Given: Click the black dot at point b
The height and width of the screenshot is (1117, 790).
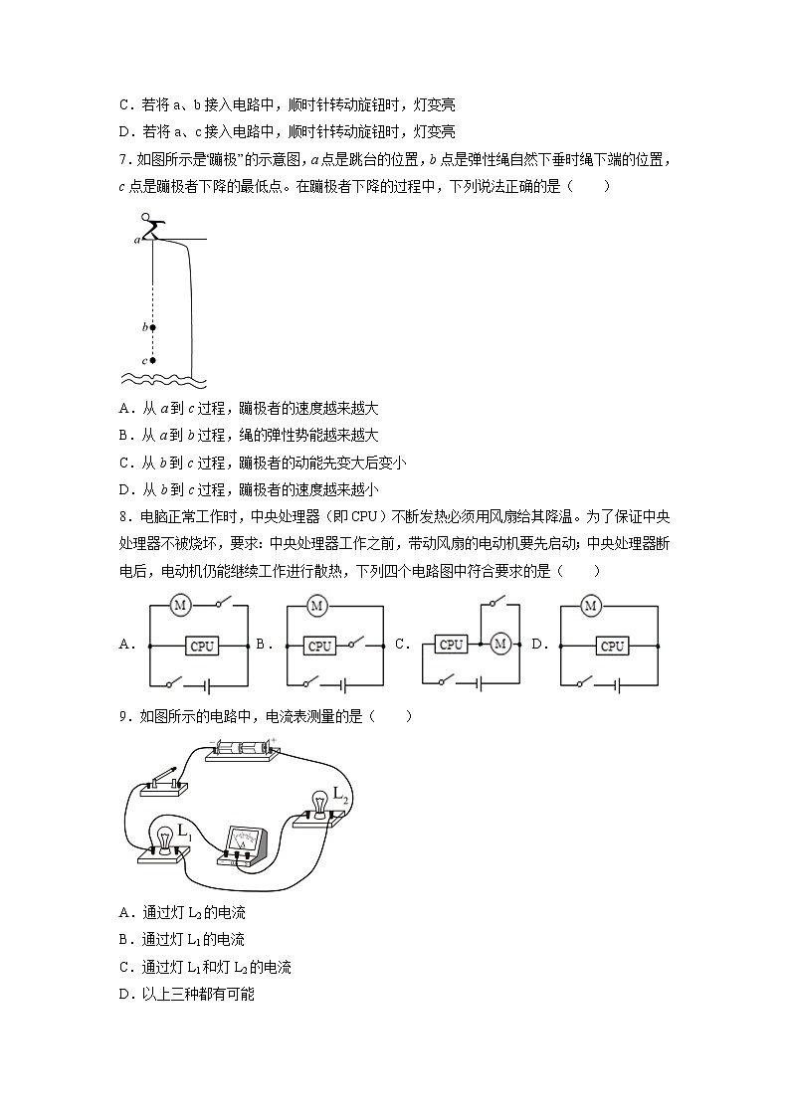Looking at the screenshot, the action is tap(152, 327).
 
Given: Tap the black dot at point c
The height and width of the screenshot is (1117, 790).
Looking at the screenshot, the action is tap(152, 360).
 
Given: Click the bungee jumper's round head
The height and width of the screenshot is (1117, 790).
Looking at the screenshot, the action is tap(146, 218).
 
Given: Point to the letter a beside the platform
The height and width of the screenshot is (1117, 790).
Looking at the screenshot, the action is tap(138, 240).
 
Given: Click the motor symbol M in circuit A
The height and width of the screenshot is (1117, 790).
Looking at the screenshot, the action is tap(180, 605).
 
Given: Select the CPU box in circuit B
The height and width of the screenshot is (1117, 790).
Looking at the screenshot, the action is tap(319, 646).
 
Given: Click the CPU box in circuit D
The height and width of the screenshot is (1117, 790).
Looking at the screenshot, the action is tap(612, 646).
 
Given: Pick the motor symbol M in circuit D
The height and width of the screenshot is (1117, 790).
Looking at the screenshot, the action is tap(591, 605).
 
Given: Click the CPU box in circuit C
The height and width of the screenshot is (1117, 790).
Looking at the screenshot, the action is tap(451, 645).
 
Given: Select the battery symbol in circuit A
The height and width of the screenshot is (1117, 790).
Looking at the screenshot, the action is tap(208, 684).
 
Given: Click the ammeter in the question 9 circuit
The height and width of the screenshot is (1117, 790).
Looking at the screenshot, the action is tap(242, 845).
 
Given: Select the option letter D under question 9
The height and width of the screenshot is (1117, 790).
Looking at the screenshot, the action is tap(124, 994).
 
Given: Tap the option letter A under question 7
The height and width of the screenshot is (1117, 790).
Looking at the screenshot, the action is tap(124, 408).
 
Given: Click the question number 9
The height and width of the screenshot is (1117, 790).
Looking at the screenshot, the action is tap(123, 716).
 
